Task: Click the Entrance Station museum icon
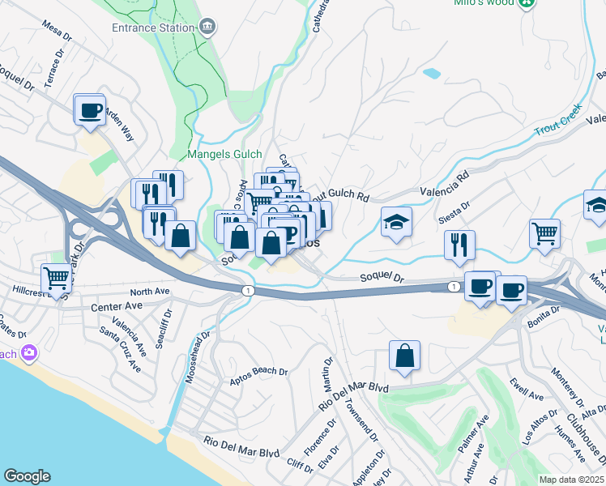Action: click(x=208, y=28)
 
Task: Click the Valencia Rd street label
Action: click(x=445, y=185)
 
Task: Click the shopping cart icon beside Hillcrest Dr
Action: click(x=57, y=279)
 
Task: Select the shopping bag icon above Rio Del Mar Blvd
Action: click(x=404, y=356)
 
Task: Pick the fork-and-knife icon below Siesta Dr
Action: click(x=459, y=244)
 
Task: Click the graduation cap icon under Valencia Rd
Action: click(x=396, y=222)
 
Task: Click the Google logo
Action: click(x=28, y=476)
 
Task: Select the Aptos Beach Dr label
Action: click(x=259, y=372)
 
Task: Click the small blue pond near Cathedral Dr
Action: click(x=432, y=73)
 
